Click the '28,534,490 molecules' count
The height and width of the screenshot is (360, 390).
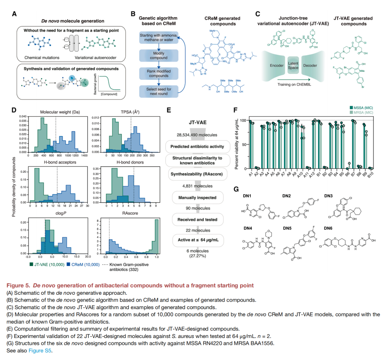(196, 135)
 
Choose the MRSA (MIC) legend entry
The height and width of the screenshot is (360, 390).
(361, 112)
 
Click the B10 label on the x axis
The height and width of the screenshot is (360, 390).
(371, 175)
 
